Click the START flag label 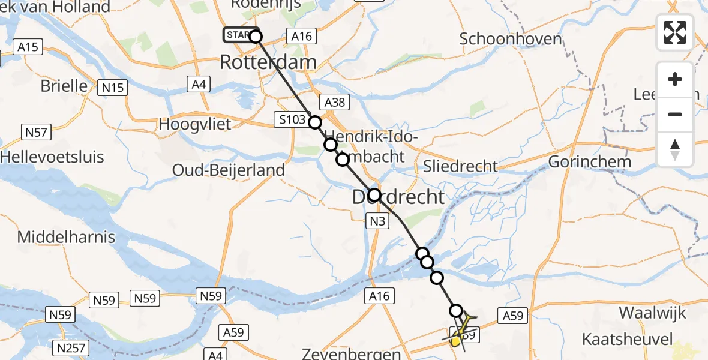click(238, 35)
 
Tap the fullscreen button click(675, 32)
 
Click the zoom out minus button click(675, 114)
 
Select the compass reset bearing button click(675, 149)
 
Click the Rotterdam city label click(268, 62)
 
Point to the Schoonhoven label click(511, 39)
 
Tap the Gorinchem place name click(589, 162)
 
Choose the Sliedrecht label click(460, 166)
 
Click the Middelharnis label click(66, 237)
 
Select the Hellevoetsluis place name click(52, 157)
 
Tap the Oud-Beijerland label click(229, 170)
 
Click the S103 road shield click(292, 119)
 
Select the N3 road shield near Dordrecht click(377, 222)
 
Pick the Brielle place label click(64, 86)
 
